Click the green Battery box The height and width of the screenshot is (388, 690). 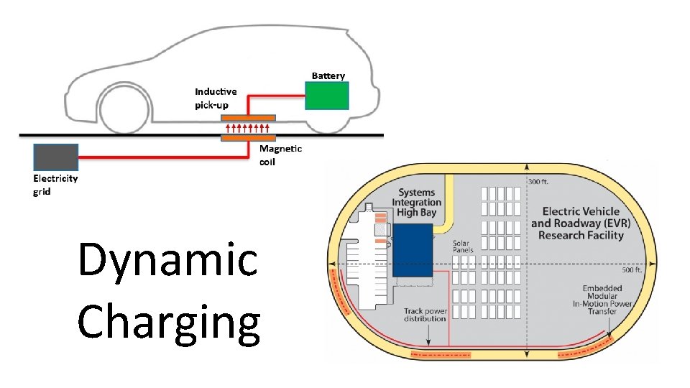tap(327, 96)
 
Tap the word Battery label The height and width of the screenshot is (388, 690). tap(328, 75)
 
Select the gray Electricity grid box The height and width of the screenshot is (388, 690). tap(55, 157)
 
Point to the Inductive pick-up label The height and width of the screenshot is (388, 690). tap(216, 98)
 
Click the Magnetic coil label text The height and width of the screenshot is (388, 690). tap(280, 154)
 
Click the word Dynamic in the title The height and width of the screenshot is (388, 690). tap(167, 260)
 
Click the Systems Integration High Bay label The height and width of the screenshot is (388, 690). tap(416, 203)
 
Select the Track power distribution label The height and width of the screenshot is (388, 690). tap(425, 315)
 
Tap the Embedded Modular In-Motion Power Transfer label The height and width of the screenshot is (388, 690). tap(607, 299)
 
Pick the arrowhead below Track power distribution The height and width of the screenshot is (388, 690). tap(425, 338)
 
